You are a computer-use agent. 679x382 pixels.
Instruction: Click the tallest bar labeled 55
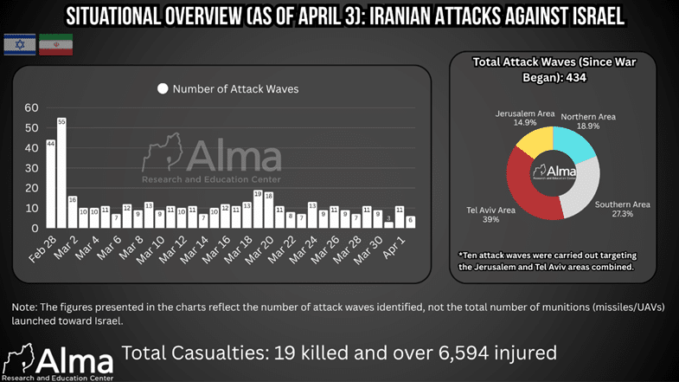click(61, 173)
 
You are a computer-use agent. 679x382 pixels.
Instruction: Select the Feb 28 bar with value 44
click(51, 184)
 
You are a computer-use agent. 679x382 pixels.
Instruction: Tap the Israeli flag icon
click(19, 45)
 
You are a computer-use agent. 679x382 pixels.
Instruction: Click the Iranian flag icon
click(55, 45)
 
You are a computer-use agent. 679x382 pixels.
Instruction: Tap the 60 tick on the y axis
click(31, 107)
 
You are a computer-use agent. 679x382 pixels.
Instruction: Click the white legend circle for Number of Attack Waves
click(161, 88)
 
